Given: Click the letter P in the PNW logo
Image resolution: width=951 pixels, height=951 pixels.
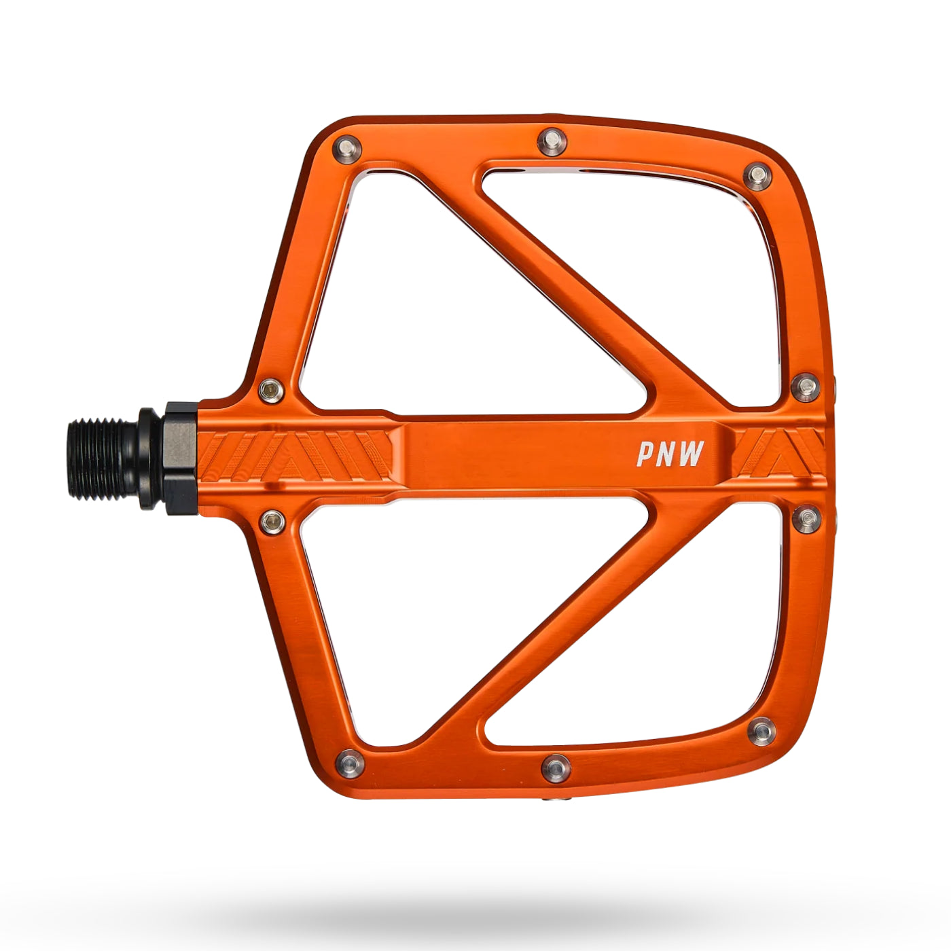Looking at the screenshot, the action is click(647, 454).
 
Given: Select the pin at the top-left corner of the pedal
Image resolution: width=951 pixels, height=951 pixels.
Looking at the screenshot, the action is click(347, 149).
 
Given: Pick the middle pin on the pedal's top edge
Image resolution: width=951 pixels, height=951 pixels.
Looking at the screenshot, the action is click(552, 142).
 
